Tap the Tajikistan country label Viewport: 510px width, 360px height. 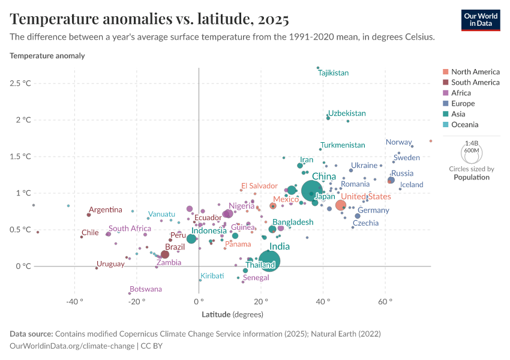334,73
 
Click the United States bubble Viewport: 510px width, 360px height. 341,205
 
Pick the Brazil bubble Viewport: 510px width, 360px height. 165,254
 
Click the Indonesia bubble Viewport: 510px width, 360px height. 191,239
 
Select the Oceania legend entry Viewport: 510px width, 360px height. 464,125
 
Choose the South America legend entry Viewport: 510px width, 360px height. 475,82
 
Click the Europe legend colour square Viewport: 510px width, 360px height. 445,104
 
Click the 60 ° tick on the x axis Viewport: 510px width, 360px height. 385,301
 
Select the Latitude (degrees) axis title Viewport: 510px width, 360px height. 232,314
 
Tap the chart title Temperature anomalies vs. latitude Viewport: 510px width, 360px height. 149,19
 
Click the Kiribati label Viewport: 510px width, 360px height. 212,275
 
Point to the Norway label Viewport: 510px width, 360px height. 398,142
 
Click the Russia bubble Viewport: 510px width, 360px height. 391,180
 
